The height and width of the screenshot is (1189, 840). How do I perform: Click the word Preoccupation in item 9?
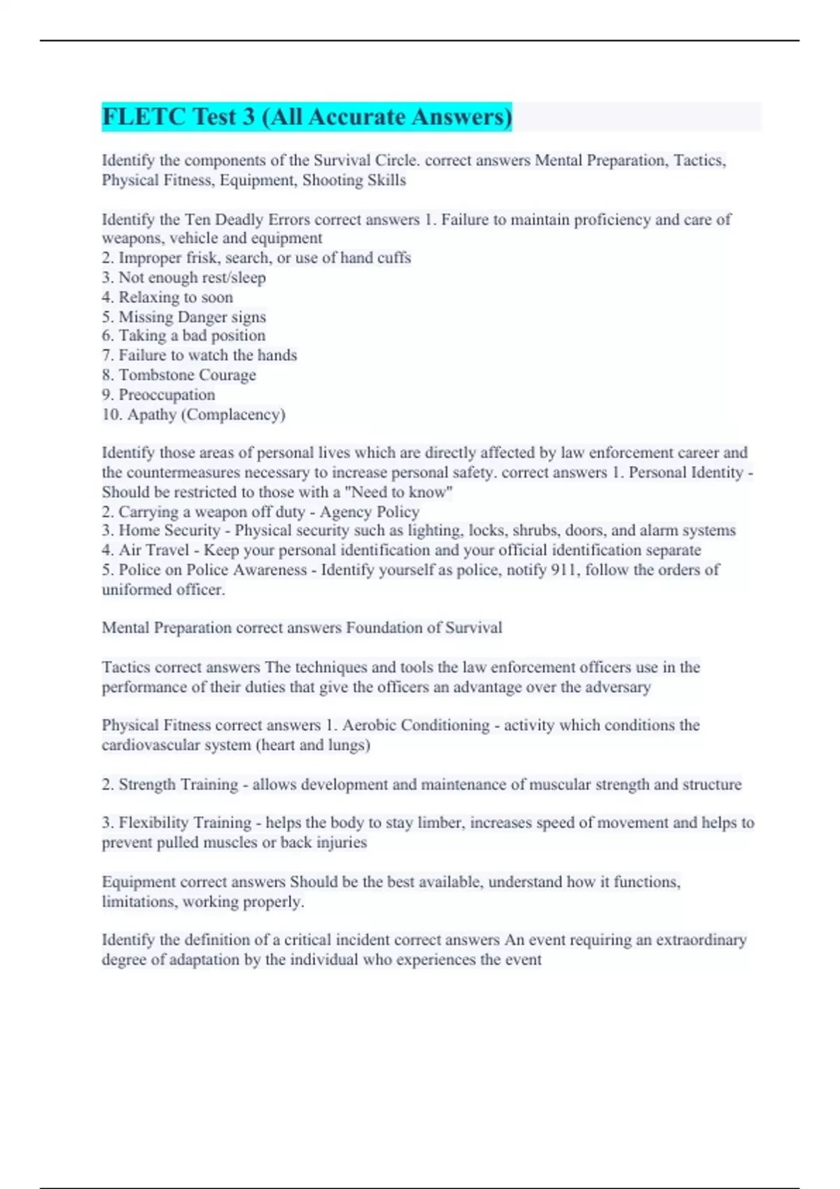click(167, 394)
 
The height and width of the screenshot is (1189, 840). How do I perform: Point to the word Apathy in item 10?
click(152, 414)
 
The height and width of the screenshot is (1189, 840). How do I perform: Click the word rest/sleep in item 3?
click(234, 278)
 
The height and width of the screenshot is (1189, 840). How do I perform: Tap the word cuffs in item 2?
click(394, 258)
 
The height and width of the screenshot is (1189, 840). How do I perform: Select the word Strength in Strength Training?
click(148, 785)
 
